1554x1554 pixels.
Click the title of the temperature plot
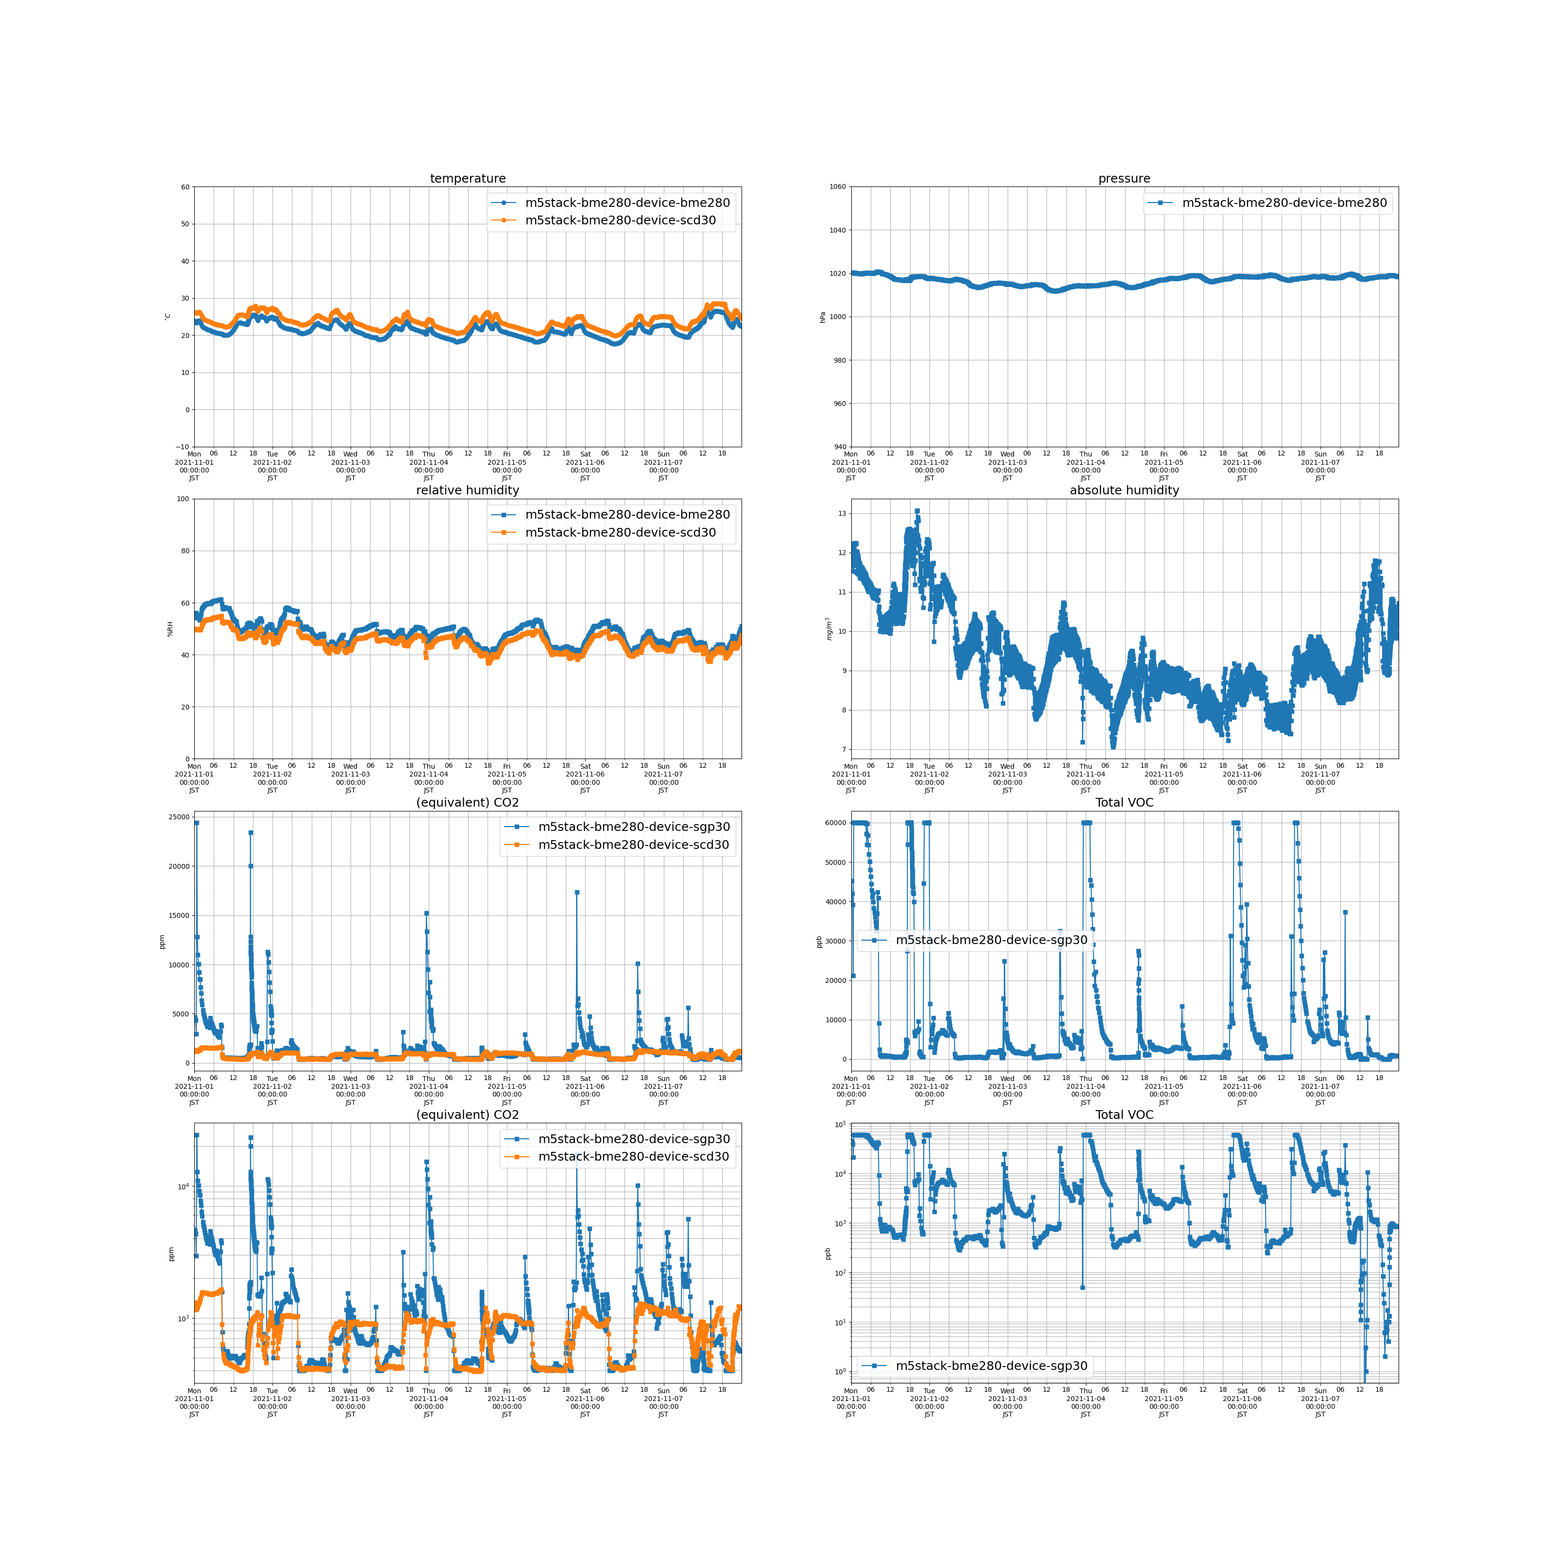point(467,179)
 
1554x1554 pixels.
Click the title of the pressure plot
point(1124,179)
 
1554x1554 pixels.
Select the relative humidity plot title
point(467,490)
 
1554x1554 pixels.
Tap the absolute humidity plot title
point(1124,490)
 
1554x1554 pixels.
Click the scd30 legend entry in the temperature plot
point(619,220)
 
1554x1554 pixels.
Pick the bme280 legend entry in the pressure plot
point(1284,203)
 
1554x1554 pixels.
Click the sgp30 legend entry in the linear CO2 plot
point(633,827)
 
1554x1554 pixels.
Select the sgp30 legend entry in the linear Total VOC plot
point(991,940)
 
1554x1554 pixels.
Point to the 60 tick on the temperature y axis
point(185,187)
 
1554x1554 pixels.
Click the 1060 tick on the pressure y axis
point(837,187)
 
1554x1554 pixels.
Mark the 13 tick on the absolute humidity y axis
point(842,513)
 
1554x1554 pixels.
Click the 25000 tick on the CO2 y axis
point(179,817)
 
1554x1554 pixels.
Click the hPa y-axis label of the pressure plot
point(823,317)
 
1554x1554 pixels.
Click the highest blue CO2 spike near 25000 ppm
point(196,823)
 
